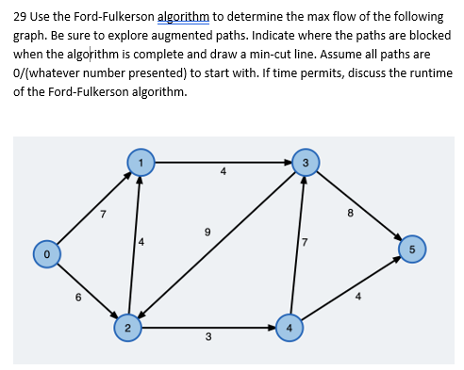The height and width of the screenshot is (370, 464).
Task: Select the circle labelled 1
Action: (141, 161)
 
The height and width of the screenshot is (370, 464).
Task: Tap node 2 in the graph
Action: (126, 328)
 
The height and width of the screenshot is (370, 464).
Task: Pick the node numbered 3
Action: (304, 161)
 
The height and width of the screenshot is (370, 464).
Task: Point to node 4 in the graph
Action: (290, 328)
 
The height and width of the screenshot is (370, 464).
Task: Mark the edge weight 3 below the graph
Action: (207, 337)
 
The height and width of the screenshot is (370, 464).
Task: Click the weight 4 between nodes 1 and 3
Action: (223, 171)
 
